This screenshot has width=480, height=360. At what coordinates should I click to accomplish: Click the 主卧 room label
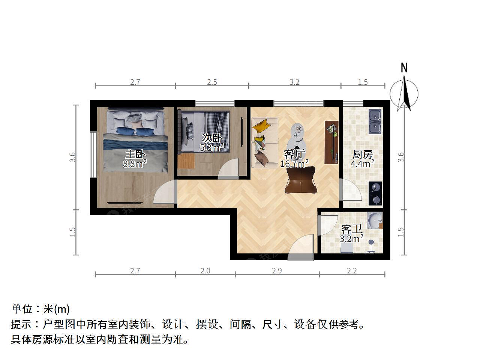[x=135, y=154]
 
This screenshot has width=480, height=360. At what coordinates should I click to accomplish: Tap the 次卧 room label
[x=212, y=138]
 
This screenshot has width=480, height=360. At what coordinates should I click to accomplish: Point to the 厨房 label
[x=362, y=154]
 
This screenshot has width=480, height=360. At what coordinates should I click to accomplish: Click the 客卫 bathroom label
[x=351, y=229]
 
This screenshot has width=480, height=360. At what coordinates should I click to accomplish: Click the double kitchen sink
[x=375, y=121]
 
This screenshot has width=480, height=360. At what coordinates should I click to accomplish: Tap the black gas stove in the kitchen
[x=375, y=193]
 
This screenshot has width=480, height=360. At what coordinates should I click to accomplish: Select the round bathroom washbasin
[x=375, y=220]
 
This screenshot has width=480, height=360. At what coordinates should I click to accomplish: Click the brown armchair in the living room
[x=301, y=180]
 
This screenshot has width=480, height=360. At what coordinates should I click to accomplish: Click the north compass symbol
[x=404, y=93]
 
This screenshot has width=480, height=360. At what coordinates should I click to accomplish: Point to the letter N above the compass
[x=404, y=68]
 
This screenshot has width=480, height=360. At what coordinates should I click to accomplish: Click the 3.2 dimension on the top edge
[x=294, y=82]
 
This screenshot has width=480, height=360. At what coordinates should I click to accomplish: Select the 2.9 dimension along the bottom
[x=277, y=271]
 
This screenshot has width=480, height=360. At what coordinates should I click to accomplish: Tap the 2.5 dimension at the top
[x=212, y=82]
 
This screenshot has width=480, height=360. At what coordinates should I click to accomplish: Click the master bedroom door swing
[x=165, y=192]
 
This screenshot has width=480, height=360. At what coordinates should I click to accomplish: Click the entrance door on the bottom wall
[x=301, y=247]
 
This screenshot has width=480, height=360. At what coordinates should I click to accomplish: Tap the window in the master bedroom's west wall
[x=93, y=155]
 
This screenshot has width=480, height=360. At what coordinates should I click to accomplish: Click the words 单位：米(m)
[x=40, y=309]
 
